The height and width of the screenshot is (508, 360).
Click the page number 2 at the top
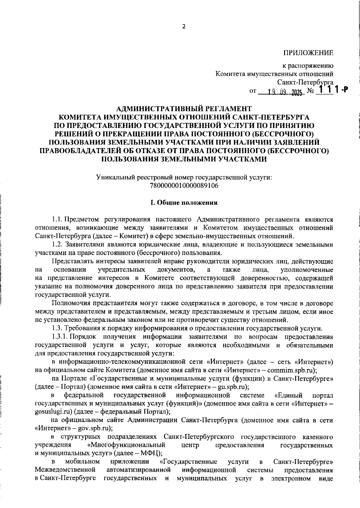(184, 26)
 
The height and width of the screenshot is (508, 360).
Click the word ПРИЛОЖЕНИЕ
(308, 53)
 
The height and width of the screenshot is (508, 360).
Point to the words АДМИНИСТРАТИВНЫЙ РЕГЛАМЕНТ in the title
(184, 108)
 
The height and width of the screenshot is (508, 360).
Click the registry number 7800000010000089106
(184, 186)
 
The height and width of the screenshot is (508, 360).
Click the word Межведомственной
(65, 470)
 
